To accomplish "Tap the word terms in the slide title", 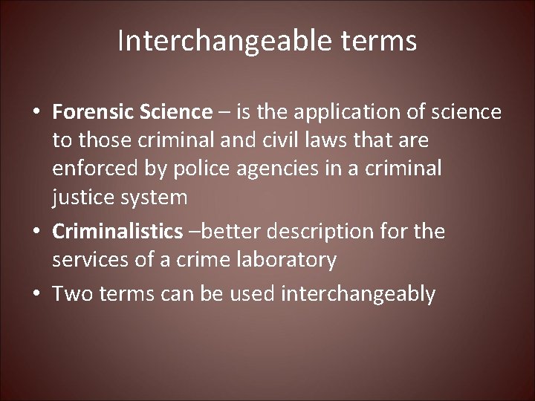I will [x=380, y=42].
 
